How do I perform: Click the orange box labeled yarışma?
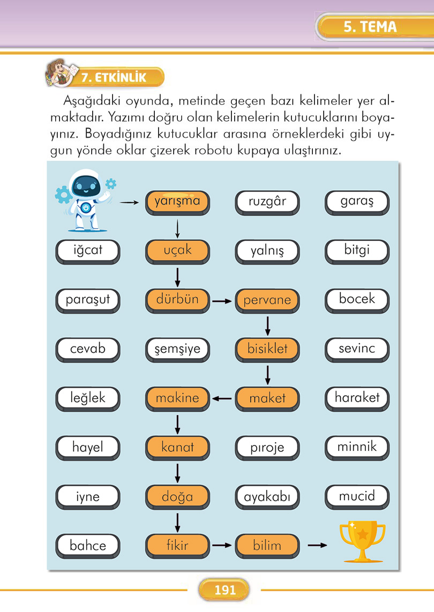coord(177,202)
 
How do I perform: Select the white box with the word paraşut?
coord(88,300)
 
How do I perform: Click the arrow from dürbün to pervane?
coord(222,301)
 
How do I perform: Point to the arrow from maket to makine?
coord(222,398)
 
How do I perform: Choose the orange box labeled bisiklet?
coord(267,350)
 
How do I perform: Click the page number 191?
coord(225,590)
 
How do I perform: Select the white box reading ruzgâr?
coord(267,202)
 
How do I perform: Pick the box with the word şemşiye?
coord(177,350)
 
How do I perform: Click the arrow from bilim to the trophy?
coord(317,546)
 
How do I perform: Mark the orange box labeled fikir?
coord(177,546)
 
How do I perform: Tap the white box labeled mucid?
coord(357,496)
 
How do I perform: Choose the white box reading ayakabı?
coord(267,497)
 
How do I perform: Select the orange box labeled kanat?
coord(177,447)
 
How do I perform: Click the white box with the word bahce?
coord(88,546)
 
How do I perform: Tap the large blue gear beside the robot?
coord(63,194)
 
